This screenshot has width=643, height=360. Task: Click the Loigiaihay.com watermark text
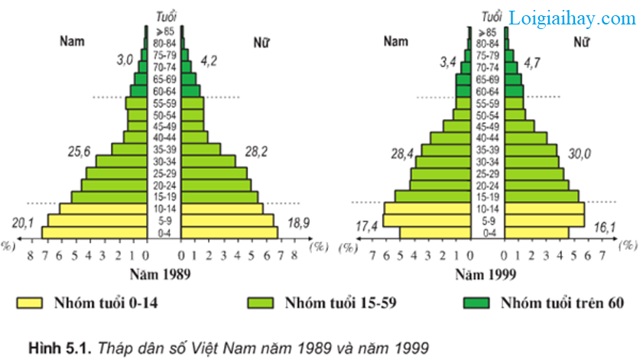pyautogui.click(x=570, y=18)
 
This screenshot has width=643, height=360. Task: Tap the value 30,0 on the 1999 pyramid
pyautogui.click(x=580, y=153)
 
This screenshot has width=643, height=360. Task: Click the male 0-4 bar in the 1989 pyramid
pyautogui.click(x=93, y=232)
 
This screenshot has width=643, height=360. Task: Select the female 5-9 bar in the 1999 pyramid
pyautogui.click(x=544, y=221)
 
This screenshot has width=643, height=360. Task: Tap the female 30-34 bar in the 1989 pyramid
pyautogui.click(x=207, y=161)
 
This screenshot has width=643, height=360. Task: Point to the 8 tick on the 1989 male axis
pyautogui.click(x=31, y=256)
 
